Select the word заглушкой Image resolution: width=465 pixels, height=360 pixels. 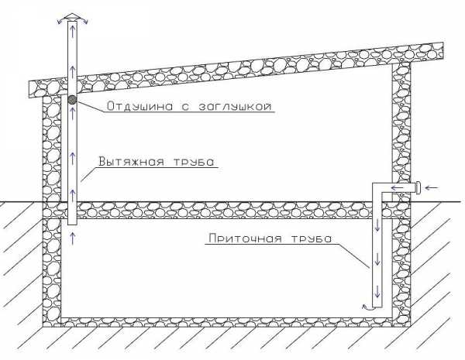[235, 106]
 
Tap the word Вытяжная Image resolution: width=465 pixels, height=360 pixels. [132, 162]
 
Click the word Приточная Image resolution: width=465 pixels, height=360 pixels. [245, 238]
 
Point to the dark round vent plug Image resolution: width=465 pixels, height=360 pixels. [72, 100]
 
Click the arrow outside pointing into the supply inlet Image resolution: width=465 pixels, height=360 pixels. [432, 187]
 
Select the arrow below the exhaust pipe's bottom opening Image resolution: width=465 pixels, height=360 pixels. [73, 238]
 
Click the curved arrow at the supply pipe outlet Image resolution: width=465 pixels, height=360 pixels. [367, 307]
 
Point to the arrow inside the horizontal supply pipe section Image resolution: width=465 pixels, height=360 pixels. [398, 187]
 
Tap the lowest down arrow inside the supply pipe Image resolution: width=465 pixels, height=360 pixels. [377, 291]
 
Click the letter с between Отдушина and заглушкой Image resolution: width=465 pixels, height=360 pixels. [185, 107]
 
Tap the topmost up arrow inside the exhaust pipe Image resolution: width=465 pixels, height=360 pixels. [73, 29]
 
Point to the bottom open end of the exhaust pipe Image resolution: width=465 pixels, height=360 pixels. [72, 225]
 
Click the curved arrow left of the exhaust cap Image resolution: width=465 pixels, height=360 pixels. [61, 21]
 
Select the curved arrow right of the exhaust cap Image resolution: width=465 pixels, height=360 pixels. [84, 20]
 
